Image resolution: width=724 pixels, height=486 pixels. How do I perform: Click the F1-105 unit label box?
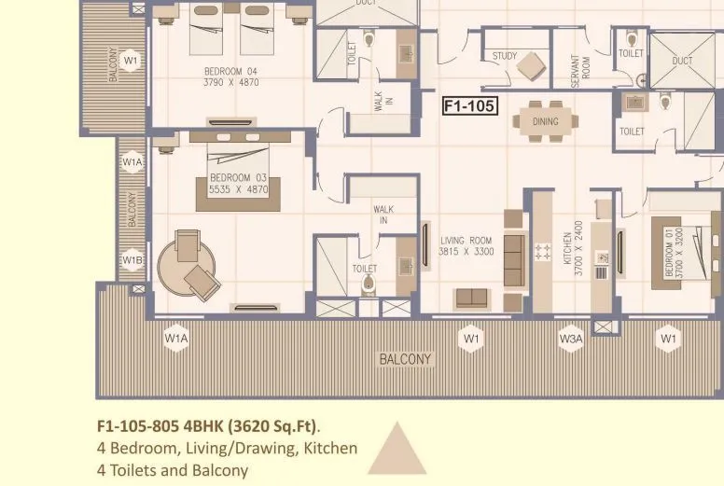pos(468,105)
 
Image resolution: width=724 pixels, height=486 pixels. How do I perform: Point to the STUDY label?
pos(505,56)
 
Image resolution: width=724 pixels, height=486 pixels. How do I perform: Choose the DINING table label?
pos(545,121)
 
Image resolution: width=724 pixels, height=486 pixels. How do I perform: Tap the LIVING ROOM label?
pos(466,241)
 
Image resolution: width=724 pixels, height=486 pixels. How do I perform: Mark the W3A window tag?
pos(570,339)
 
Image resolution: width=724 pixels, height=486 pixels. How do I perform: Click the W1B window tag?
pos(132,260)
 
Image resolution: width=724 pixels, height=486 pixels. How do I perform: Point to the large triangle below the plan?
pos(397,450)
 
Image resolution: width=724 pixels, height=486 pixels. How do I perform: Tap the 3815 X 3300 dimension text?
pos(466,252)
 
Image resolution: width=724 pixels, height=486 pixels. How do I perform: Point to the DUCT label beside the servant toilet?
pos(682,62)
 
